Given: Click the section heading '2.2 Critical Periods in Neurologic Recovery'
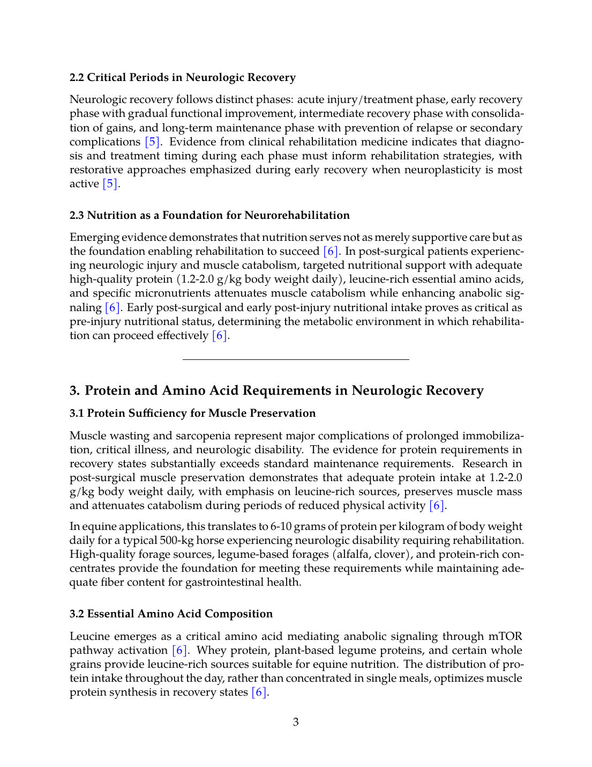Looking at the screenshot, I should tap(182, 77).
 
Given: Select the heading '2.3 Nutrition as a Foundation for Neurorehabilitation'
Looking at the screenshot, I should tap(209, 215).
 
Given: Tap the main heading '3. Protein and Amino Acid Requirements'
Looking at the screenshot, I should tap(276, 390).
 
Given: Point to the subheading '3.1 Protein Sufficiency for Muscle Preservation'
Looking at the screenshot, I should tap(192, 413).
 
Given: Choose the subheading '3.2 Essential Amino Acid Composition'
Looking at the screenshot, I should tap(171, 614).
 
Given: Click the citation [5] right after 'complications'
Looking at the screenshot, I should tap(153, 142).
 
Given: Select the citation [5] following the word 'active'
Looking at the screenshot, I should tap(110, 183).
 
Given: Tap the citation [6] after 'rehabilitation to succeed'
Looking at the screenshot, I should tap(331, 251).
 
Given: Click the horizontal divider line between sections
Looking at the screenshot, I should tap(296, 359).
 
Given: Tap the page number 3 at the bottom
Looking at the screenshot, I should tap(296, 722).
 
